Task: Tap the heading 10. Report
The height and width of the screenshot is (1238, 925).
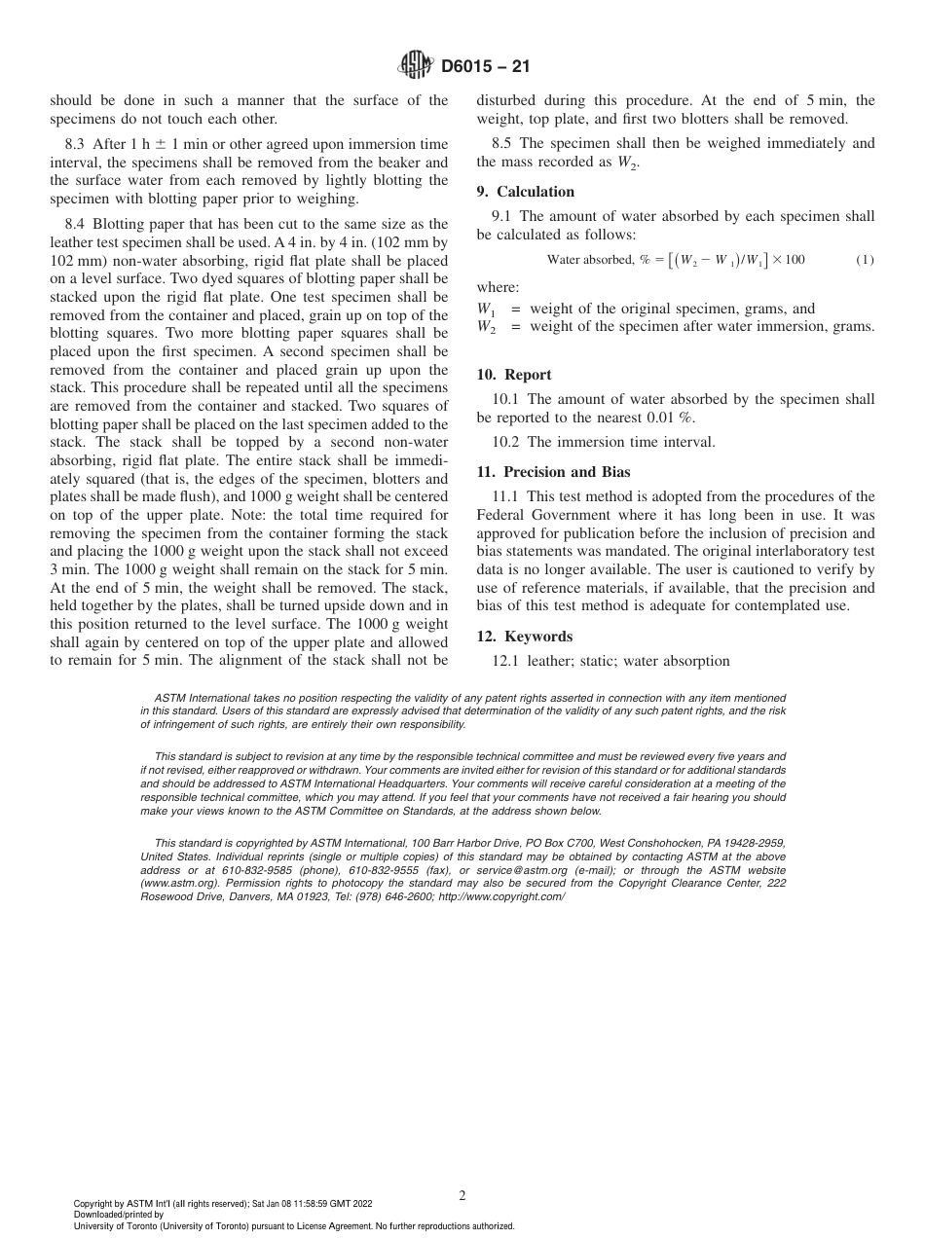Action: pos(514,375)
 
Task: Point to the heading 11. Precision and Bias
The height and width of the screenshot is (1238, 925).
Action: pos(553,472)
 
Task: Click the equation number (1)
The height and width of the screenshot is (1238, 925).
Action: pos(865,260)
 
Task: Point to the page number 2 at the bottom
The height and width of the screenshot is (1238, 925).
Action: pos(462,1196)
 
